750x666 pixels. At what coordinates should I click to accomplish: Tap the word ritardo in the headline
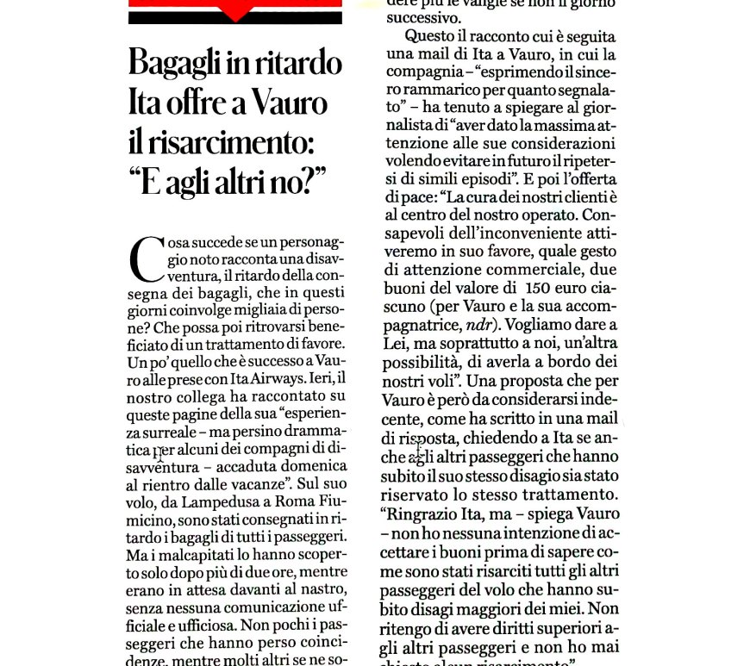coord(291,65)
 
